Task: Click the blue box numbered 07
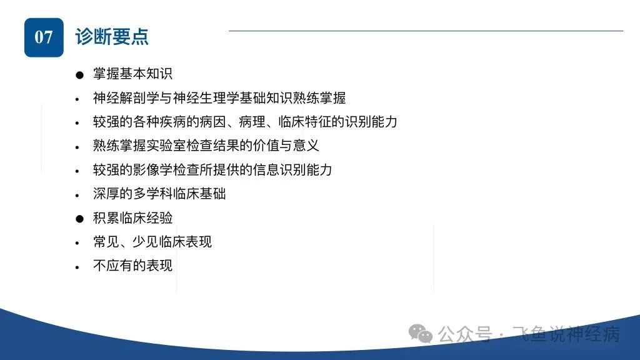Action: (x=44, y=37)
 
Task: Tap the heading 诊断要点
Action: (x=111, y=37)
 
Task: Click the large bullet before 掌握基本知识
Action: (x=79, y=75)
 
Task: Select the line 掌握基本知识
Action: (x=132, y=74)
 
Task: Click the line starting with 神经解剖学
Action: (x=219, y=98)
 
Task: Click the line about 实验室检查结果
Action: (x=206, y=146)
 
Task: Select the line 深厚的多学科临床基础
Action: (x=159, y=194)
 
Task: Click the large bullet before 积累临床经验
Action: (x=79, y=219)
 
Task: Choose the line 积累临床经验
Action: (x=132, y=218)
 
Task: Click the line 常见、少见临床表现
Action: (x=152, y=242)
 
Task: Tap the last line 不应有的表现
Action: (x=132, y=266)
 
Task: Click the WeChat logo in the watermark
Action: (x=421, y=334)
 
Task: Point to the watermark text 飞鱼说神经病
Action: (x=566, y=334)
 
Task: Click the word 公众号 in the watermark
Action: (x=465, y=334)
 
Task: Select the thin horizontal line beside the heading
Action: (x=426, y=31)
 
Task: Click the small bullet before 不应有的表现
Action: (x=77, y=267)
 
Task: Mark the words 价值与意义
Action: (x=285, y=146)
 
